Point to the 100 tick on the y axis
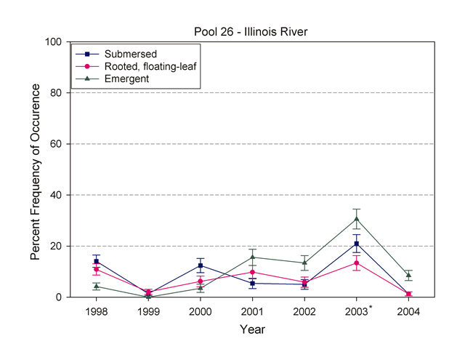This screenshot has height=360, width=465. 52,42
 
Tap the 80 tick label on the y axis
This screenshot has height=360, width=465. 55,93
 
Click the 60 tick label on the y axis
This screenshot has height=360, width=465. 55,144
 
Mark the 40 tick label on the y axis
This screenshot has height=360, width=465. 55,195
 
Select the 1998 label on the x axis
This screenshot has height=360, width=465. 96,310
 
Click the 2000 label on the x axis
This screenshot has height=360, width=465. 200,310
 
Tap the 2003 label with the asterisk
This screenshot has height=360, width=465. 357,310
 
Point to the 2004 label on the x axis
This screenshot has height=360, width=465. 408,310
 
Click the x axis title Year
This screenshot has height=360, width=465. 253,329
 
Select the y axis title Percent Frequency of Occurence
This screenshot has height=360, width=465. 35,169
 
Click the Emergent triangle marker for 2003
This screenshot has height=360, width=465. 357,219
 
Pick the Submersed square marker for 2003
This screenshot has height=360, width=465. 357,244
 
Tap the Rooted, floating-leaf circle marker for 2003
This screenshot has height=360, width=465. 357,263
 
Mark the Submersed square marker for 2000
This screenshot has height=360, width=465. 200,265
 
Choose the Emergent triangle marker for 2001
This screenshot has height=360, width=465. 252,257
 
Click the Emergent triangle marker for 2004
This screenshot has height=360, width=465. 408,275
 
